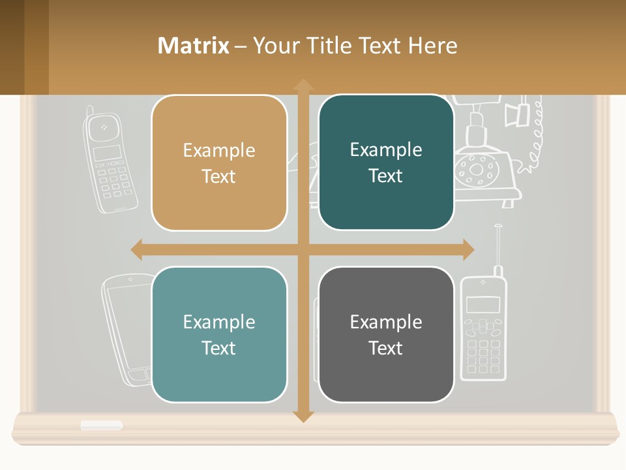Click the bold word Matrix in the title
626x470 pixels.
coord(193,46)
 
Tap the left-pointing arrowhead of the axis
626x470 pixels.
coord(137,249)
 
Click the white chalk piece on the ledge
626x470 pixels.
coord(102,426)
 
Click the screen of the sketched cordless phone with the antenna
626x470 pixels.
coord(483,304)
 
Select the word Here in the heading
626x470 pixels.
coord(433,46)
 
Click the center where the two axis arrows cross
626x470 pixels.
coord(303,249)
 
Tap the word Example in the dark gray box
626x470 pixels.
coord(386,322)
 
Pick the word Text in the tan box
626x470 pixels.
coord(219,176)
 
